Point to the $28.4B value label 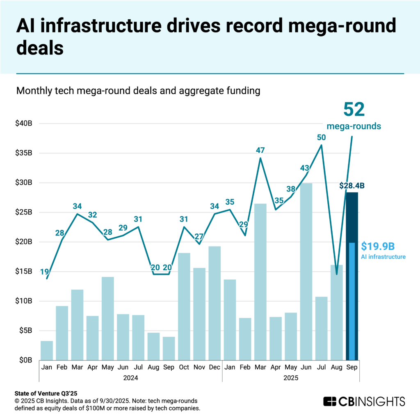(x=352, y=185)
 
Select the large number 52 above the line (x=354, y=110)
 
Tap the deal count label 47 (x=260, y=150)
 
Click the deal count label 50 (x=321, y=137)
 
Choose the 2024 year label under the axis (x=130, y=377)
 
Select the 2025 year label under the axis (x=290, y=377)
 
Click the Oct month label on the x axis (x=184, y=367)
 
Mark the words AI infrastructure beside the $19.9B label (x=383, y=257)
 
